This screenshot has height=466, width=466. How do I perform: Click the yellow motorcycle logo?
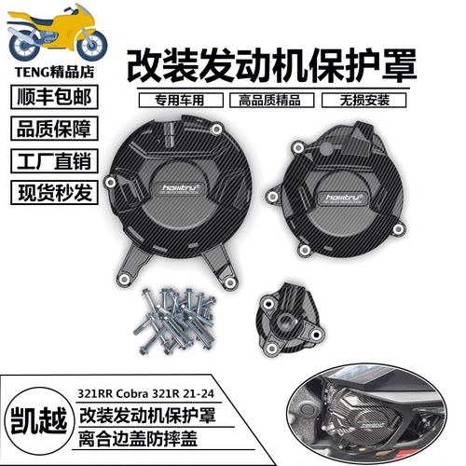click(54, 34)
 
